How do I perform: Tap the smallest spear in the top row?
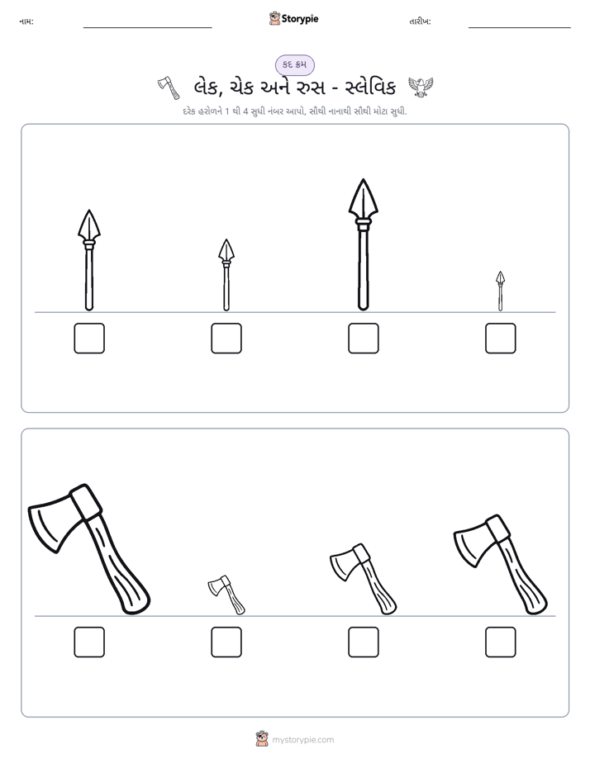coord(501,291)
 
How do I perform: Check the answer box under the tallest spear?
coord(363,339)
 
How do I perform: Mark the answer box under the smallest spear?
coord(501,339)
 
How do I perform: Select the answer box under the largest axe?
coord(89,642)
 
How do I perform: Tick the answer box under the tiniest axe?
coord(226,642)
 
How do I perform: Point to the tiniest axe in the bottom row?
coord(226,595)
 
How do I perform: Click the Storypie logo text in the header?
coord(300,18)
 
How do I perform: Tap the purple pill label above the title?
coord(295,64)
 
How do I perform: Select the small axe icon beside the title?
coord(169,87)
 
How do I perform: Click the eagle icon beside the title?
coord(421,87)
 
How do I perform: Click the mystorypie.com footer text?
coord(302,740)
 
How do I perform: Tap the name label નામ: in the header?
coord(26,21)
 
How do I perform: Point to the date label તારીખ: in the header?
coord(420,21)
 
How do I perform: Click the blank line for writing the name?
coord(147,28)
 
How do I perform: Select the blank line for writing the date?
coord(520,28)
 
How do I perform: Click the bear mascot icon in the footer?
coord(262,739)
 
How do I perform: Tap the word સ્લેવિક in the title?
coord(370,88)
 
